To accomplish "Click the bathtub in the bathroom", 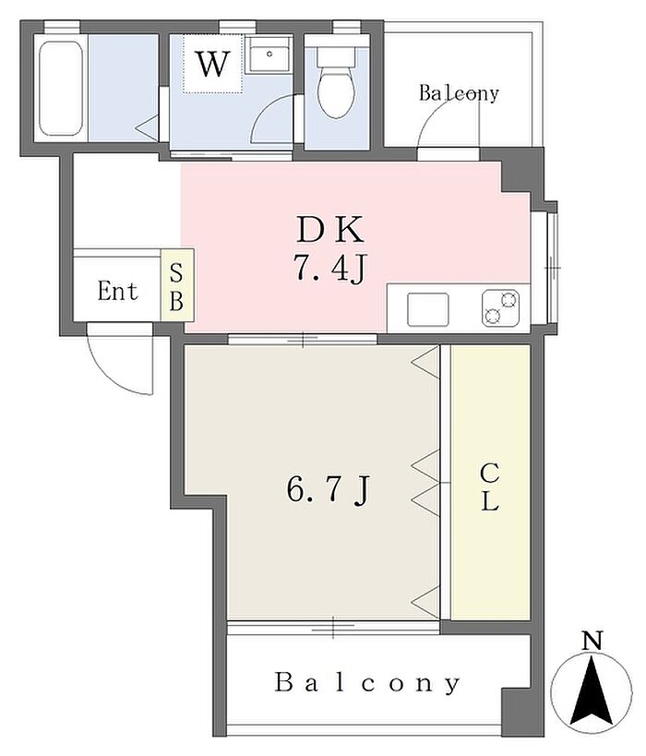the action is (60, 89).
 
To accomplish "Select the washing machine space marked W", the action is (212, 64).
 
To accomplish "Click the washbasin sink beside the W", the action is (268, 54).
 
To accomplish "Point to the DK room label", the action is (329, 230).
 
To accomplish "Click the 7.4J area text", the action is (330, 268).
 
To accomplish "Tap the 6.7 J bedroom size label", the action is (328, 490).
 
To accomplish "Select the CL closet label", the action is (489, 487).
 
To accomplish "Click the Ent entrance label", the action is (117, 291).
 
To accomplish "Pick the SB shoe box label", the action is (176, 288).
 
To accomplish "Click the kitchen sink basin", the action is (427, 309).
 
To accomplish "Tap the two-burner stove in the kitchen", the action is (500, 307).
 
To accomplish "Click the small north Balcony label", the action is (459, 92).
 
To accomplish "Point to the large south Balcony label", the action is (367, 683).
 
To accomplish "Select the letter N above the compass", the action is (592, 641).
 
